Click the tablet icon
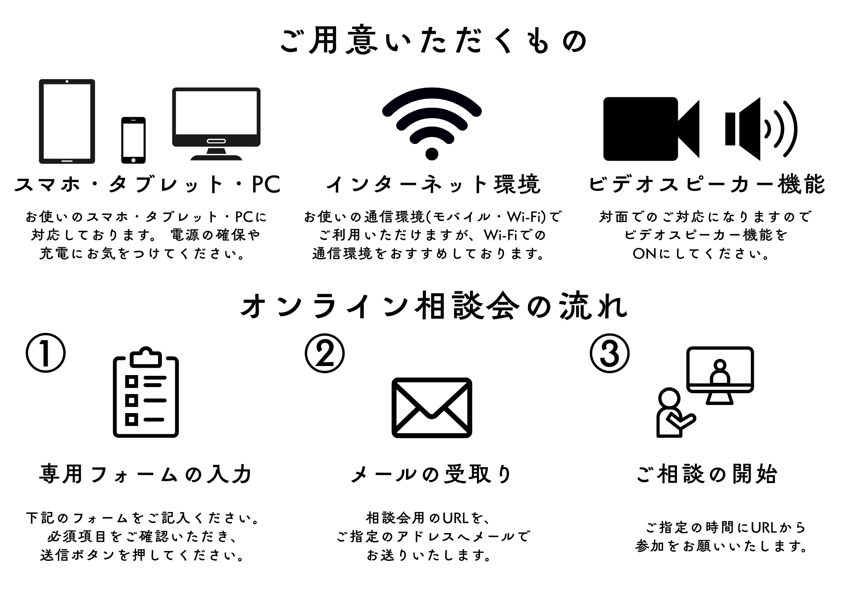pyautogui.click(x=67, y=121)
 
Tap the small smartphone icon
pyautogui.click(x=133, y=140)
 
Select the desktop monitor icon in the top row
pyautogui.click(x=216, y=124)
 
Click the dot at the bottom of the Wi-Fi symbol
pyautogui.click(x=432, y=153)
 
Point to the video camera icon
pyautogui.click(x=651, y=129)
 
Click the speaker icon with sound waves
pyautogui.click(x=761, y=129)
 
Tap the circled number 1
pyautogui.click(x=46, y=353)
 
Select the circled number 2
pyautogui.click(x=325, y=353)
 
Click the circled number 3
pyautogui.click(x=610, y=353)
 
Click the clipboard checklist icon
pyautogui.click(x=146, y=392)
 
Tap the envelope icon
pyautogui.click(x=432, y=407)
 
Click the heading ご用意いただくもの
pyautogui.click(x=433, y=41)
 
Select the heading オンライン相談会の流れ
pyautogui.click(x=433, y=306)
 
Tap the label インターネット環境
pyautogui.click(x=433, y=185)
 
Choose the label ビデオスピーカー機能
pyautogui.click(x=707, y=185)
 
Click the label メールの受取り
pyautogui.click(x=432, y=474)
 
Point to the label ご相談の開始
pyautogui.click(x=707, y=474)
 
